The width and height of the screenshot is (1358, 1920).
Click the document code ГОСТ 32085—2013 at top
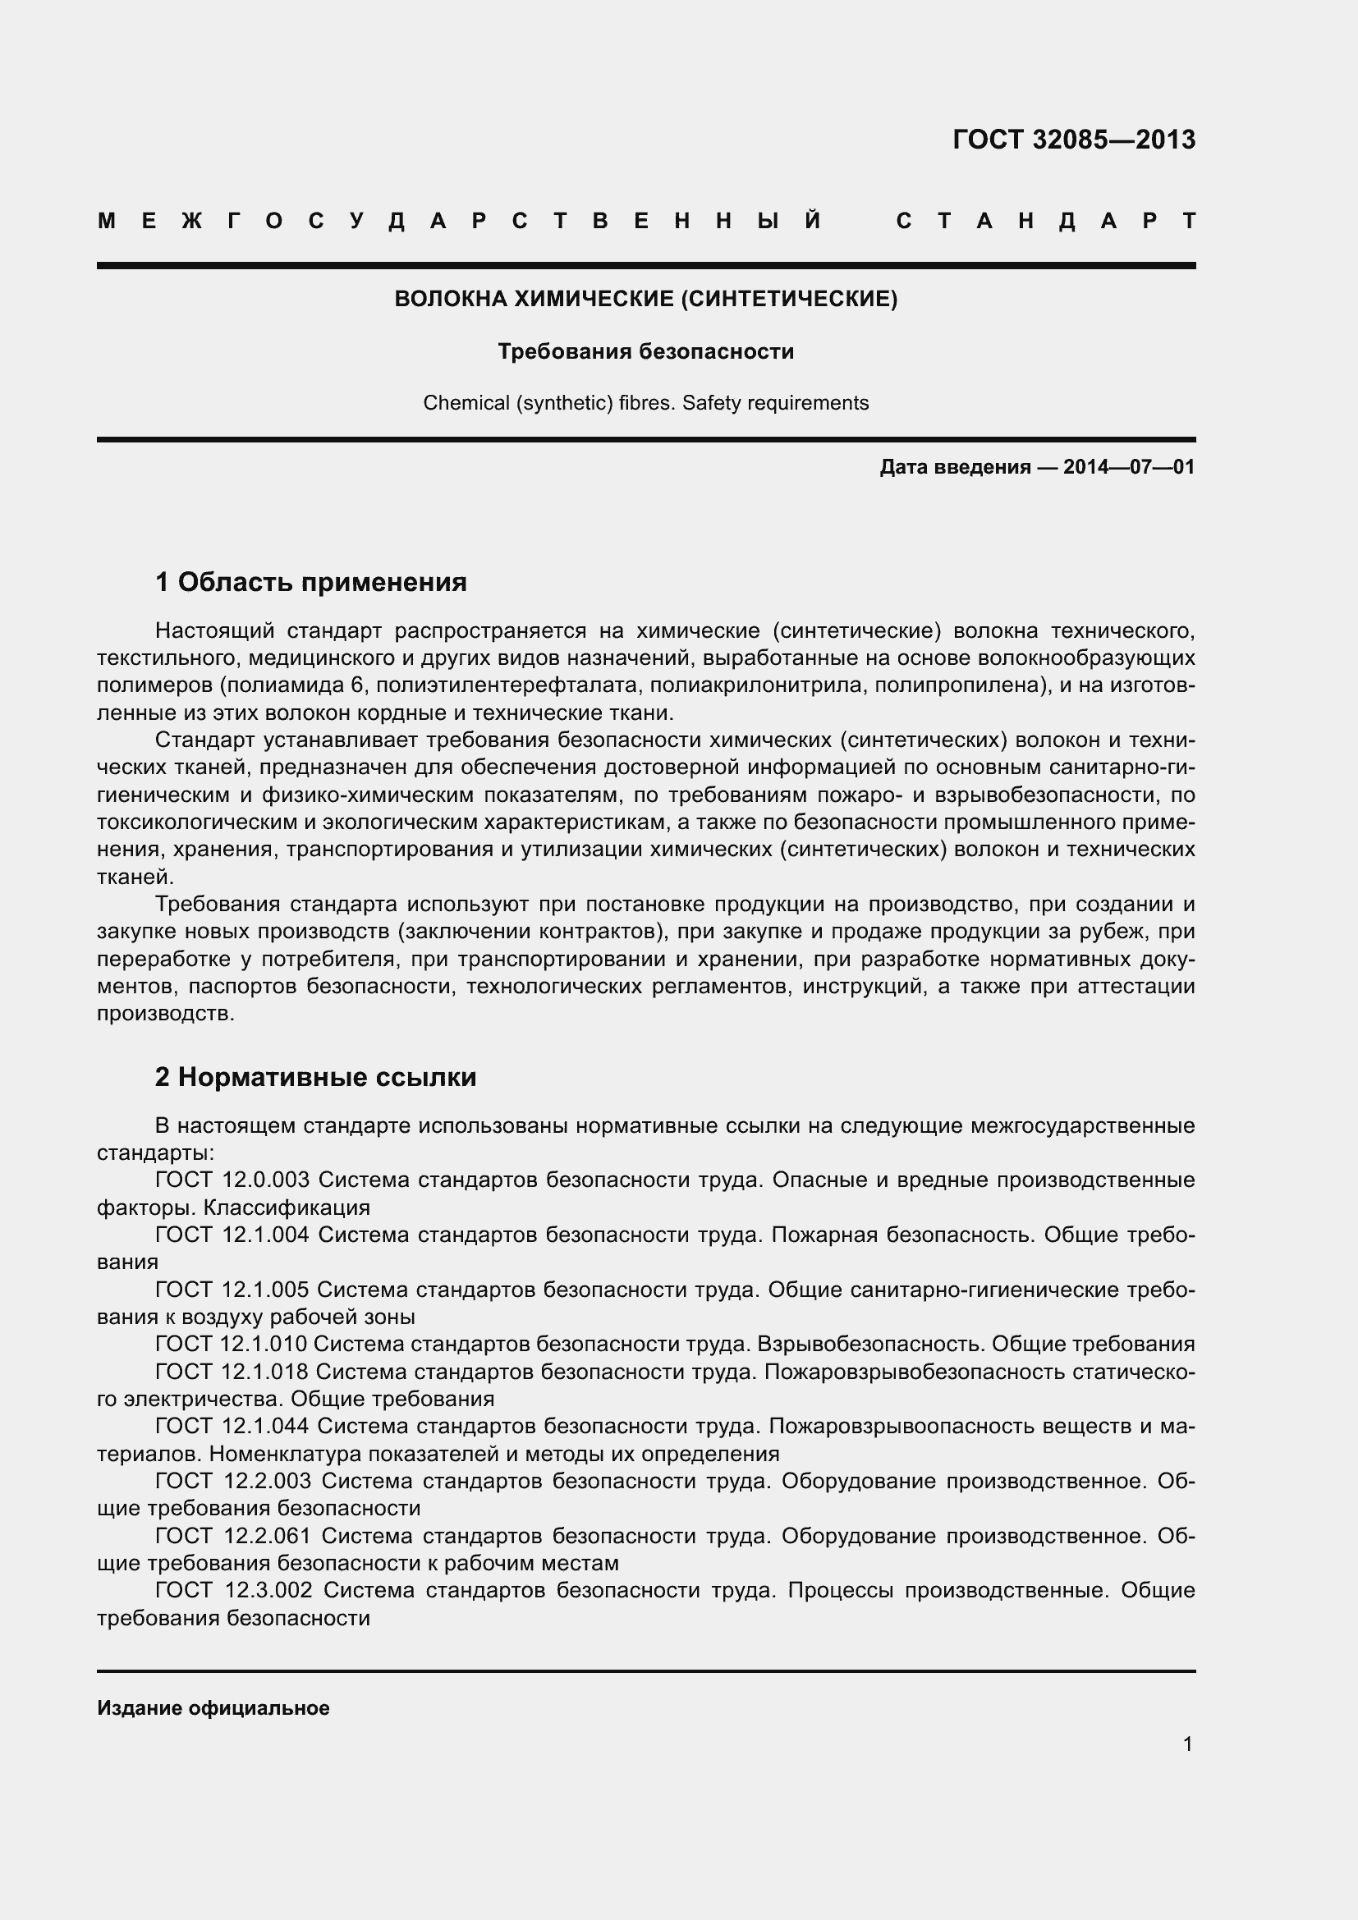pos(1074,139)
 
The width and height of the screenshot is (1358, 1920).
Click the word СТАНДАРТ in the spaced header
pos(1045,222)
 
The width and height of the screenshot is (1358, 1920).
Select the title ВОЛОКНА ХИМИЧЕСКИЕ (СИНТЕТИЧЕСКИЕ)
pos(645,299)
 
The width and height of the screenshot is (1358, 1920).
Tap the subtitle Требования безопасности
pos(645,351)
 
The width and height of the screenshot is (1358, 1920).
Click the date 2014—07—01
pos(1129,466)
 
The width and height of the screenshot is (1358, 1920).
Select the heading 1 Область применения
pos(311,581)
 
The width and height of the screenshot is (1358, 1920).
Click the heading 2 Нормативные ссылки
pos(315,1077)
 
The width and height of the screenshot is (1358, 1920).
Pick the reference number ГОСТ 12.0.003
pos(232,1180)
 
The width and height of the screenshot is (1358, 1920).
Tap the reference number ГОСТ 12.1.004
pos(232,1235)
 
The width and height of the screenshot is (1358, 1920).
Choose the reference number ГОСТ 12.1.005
pos(232,1290)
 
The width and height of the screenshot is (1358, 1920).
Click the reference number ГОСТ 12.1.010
pos(232,1344)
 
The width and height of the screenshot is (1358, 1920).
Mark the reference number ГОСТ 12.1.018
pos(232,1372)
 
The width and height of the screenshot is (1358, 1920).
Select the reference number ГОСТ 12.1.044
pos(232,1426)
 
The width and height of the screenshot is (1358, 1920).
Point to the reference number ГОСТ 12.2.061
pos(233,1535)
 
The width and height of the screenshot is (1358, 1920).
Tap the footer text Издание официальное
pos(213,1708)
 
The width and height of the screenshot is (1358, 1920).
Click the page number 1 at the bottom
pos(1187,1744)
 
